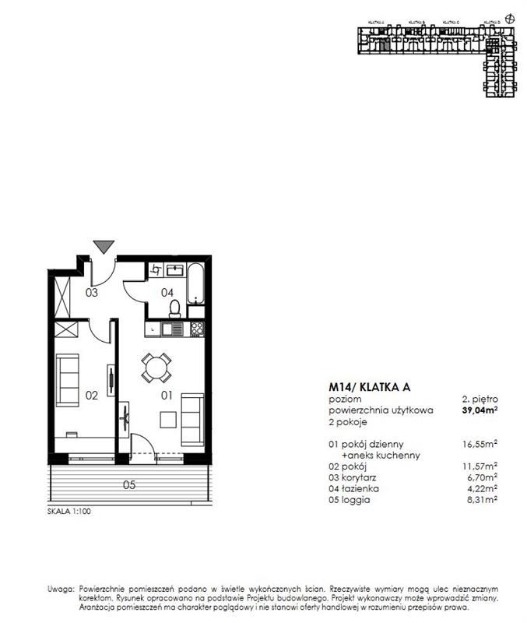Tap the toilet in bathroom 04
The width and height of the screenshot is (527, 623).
click(176, 308)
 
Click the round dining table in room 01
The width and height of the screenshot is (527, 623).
click(156, 367)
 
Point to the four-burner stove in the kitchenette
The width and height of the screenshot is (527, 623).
click(196, 329)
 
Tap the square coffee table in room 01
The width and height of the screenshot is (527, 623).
click(167, 419)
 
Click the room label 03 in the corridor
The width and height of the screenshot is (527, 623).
click(91, 293)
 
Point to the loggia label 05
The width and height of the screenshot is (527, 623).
click(129, 485)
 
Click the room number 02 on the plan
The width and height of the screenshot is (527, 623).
click(91, 396)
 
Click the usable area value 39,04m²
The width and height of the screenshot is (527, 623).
click(479, 410)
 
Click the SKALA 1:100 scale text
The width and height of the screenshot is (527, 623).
click(70, 514)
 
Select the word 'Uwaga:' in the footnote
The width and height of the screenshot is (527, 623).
click(59, 590)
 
